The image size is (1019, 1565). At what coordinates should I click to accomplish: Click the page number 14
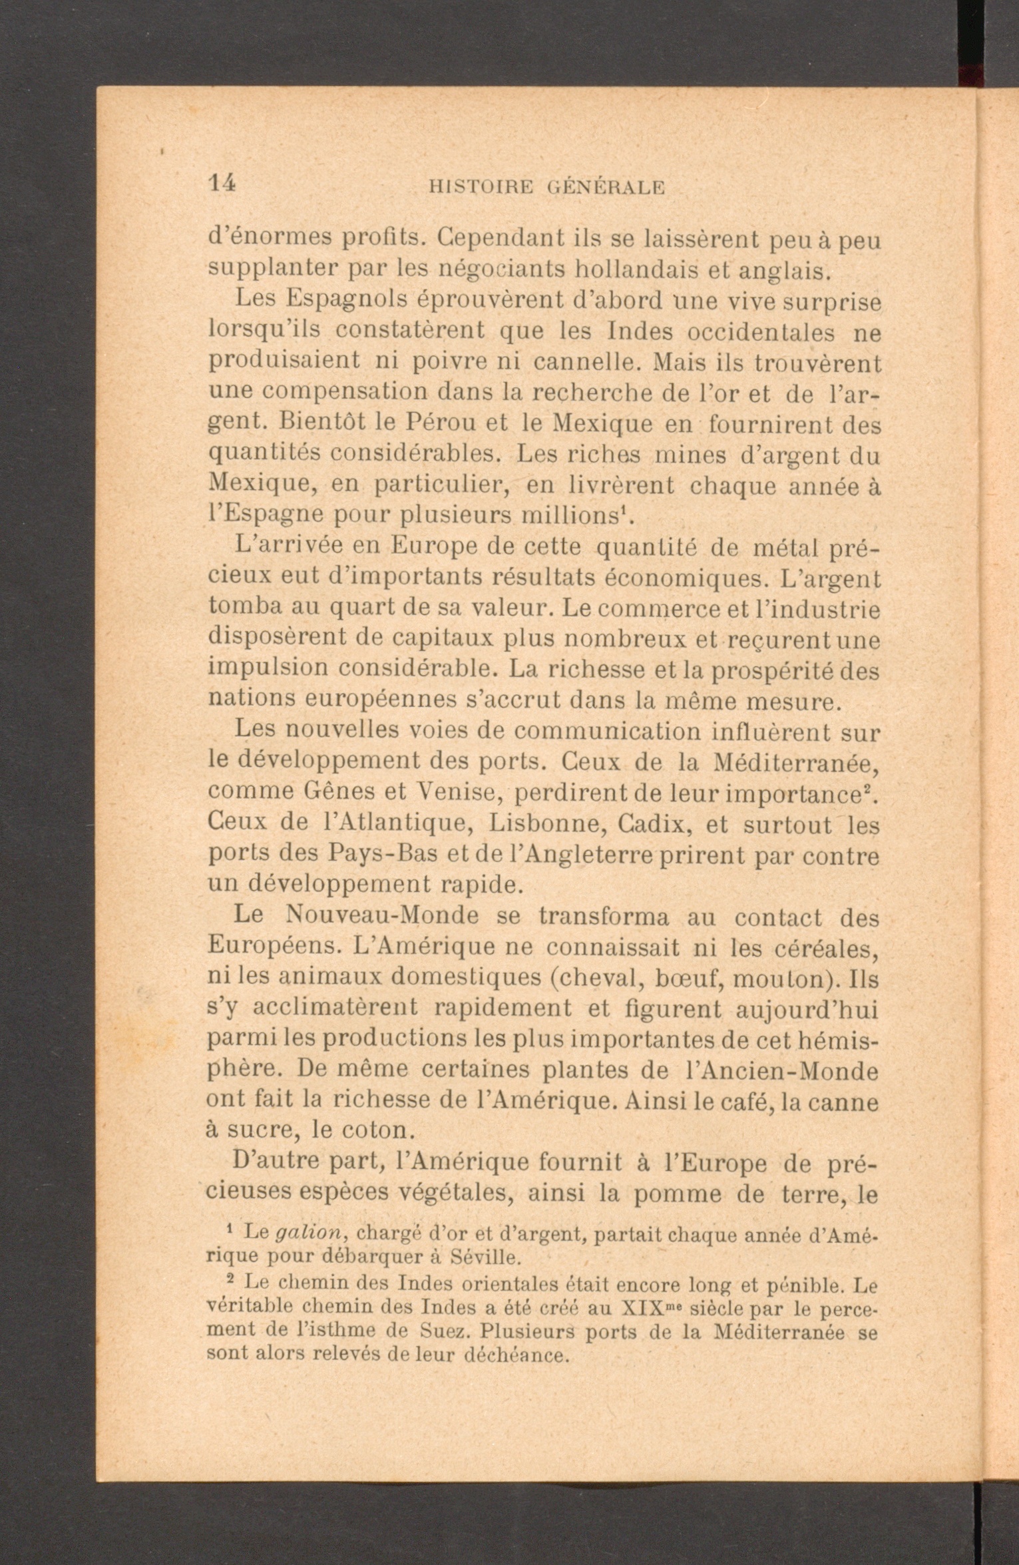(222, 183)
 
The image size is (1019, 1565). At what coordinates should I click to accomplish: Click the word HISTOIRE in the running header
(481, 188)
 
